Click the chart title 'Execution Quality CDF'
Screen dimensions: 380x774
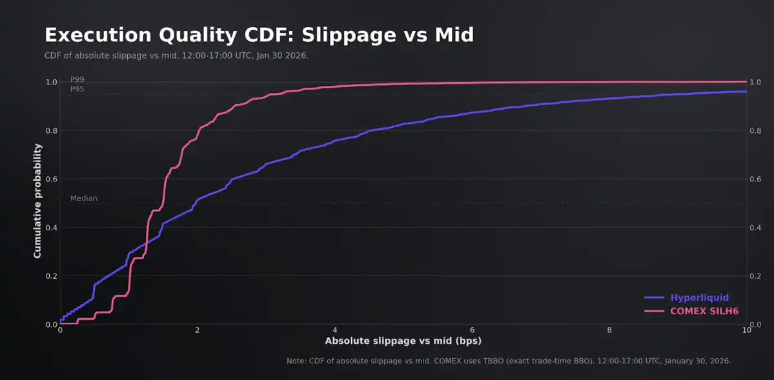click(x=259, y=35)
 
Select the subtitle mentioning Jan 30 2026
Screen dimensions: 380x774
click(x=176, y=55)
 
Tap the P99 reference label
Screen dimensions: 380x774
click(x=77, y=79)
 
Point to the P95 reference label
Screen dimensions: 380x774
click(x=77, y=89)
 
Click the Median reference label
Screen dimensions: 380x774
click(x=84, y=199)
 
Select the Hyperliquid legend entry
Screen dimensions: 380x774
click(x=699, y=297)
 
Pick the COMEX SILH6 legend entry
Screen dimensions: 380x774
click(x=704, y=311)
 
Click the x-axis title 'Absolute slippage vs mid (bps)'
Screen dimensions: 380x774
click(x=403, y=341)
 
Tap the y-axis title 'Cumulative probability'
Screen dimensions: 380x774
click(x=37, y=201)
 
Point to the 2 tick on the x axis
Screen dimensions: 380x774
click(x=198, y=330)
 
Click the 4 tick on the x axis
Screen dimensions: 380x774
click(x=335, y=330)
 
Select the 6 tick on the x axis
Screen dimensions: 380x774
click(x=472, y=330)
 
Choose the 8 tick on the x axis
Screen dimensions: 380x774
click(x=609, y=330)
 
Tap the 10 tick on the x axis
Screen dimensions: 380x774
click(x=746, y=330)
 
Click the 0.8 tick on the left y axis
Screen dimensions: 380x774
click(x=51, y=130)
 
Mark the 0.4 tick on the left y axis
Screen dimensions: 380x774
click(x=51, y=227)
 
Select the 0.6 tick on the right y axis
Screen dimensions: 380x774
click(x=756, y=179)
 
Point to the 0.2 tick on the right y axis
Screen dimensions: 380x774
click(x=756, y=275)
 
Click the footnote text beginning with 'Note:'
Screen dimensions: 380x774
click(x=508, y=361)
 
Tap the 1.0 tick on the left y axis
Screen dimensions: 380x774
click(x=51, y=82)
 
